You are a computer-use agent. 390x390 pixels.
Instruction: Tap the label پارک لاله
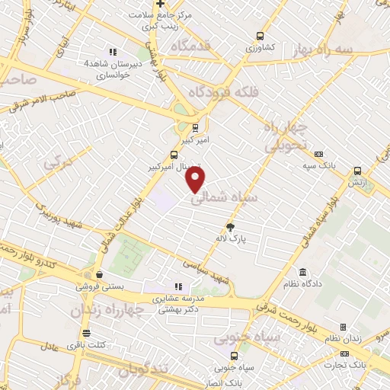232,238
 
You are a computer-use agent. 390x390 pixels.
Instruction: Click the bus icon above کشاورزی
261,36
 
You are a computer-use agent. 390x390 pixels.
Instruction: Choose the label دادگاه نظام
304,284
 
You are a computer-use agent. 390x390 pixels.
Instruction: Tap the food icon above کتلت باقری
86,333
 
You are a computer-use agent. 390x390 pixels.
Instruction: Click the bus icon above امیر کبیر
196,128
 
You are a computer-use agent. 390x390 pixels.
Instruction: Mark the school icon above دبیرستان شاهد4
113,52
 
